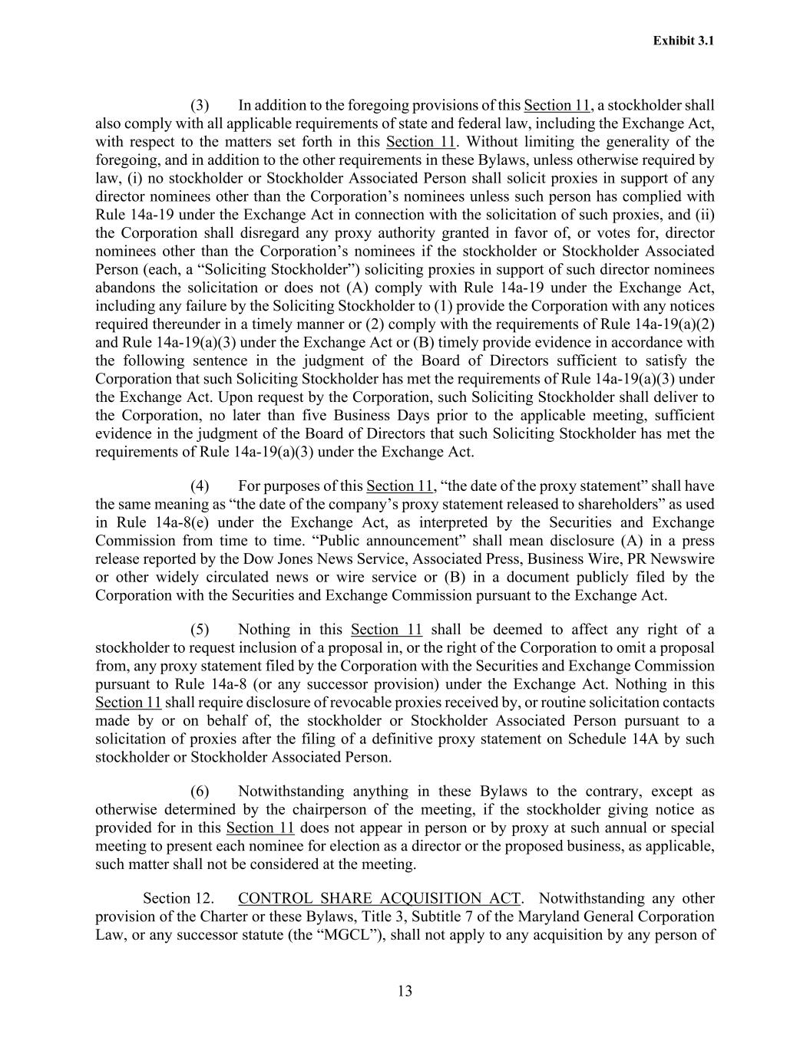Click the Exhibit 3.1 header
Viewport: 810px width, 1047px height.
coord(683,41)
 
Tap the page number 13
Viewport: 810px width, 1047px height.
coord(405,991)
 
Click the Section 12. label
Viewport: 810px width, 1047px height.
coord(178,898)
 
